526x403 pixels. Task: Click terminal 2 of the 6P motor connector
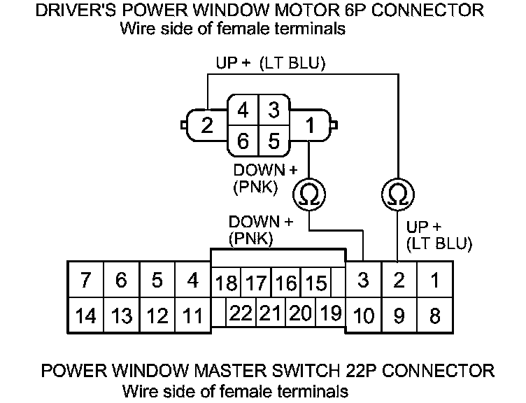[206, 126]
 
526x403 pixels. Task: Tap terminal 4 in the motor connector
[243, 111]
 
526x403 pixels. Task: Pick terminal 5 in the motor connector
[273, 141]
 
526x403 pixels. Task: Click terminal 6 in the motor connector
[243, 141]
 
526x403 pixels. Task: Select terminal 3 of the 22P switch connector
[364, 281]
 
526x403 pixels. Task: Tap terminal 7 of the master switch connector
[85, 281]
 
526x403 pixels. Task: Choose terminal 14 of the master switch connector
[85, 316]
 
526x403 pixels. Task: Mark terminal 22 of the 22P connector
[241, 313]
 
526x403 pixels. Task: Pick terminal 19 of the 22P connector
[330, 313]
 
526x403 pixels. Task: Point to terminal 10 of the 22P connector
[364, 316]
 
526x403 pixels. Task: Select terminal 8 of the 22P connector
[434, 316]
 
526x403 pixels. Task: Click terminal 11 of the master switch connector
[192, 316]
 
